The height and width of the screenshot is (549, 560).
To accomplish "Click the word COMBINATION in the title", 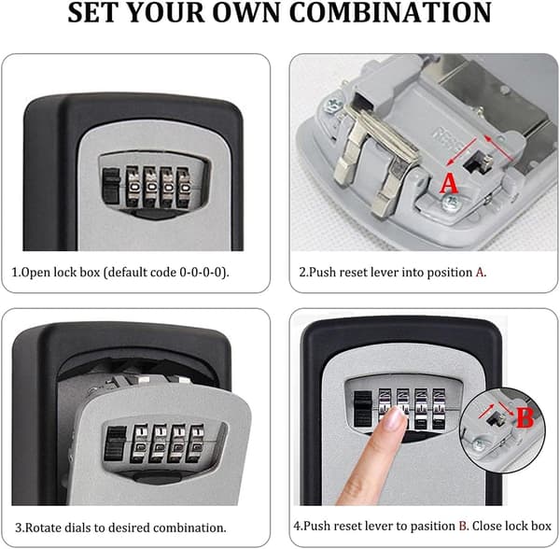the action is click(x=390, y=13).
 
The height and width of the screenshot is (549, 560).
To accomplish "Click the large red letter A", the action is click(x=449, y=183).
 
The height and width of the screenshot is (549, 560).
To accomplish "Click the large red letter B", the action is click(x=525, y=417).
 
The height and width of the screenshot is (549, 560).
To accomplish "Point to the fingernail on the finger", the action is click(x=396, y=417).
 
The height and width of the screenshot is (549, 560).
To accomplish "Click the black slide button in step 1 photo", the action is click(x=111, y=186).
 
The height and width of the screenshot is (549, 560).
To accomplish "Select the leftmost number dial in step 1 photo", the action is click(x=133, y=187).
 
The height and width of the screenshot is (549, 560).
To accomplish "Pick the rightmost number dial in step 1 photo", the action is click(x=184, y=187).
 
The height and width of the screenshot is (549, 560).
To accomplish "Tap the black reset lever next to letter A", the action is click(x=477, y=163).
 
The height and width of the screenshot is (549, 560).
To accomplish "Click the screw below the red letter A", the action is click(x=450, y=204).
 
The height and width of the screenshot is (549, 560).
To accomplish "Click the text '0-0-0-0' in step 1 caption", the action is click(x=203, y=273).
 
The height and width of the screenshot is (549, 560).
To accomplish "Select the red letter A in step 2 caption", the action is click(x=480, y=273).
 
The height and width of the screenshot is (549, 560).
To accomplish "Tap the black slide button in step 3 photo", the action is click(x=116, y=444).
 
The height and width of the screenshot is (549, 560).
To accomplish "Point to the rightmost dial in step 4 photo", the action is click(x=439, y=409).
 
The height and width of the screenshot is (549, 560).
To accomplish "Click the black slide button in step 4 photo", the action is click(x=362, y=408).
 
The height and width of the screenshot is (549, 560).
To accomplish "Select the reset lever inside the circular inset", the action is click(x=497, y=418).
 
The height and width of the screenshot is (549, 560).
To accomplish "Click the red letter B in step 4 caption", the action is click(x=463, y=527).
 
